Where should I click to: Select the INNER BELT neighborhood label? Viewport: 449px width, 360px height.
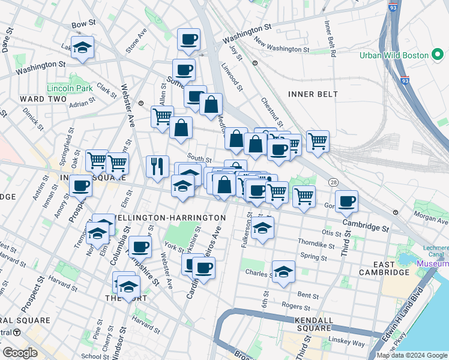click(313, 94)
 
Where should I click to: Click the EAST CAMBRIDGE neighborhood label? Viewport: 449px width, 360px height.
click(384, 269)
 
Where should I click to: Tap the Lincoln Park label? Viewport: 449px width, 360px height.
click(71, 88)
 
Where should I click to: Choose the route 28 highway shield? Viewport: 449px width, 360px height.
click(333, 182)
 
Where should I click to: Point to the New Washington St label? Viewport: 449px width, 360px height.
click(282, 46)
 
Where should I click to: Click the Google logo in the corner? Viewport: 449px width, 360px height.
click(20, 353)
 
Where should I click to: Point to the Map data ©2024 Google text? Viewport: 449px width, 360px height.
click(411, 355)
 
